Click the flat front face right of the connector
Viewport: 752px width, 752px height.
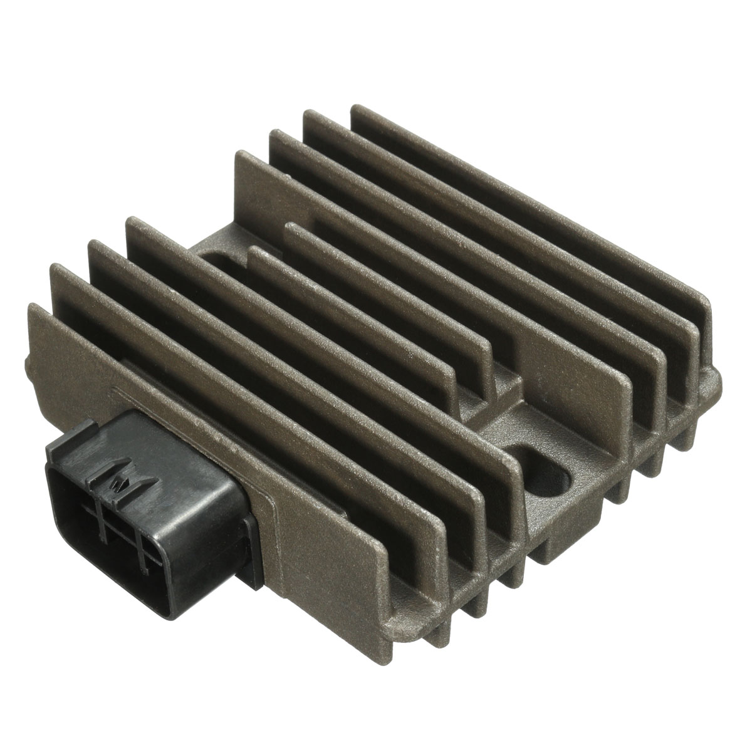coord(351,551)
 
